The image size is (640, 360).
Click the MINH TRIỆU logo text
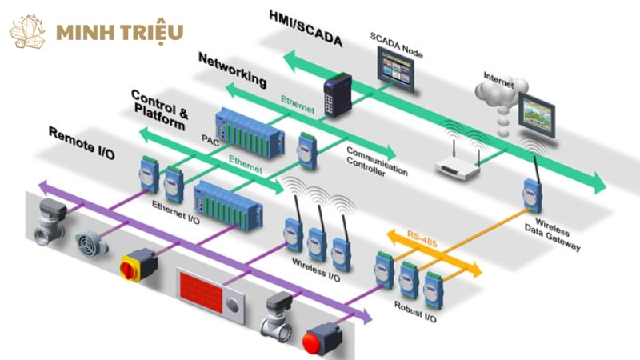tap(119, 33)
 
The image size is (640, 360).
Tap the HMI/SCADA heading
tap(306, 29)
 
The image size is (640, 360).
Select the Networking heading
tap(233, 70)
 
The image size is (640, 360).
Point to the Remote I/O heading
tap(82, 142)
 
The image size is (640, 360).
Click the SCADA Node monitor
tap(395, 69)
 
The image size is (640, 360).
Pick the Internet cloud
tap(501, 98)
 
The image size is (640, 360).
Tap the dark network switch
tap(338, 94)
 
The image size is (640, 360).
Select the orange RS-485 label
tap(422, 238)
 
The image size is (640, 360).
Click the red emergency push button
tap(322, 338)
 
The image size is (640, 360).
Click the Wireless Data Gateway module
tap(532, 195)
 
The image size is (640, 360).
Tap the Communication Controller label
tap(376, 162)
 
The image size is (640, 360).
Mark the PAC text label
tap(210, 141)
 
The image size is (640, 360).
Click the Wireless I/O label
tap(315, 270)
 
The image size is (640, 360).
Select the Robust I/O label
tap(415, 312)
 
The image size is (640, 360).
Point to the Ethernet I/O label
tap(175, 212)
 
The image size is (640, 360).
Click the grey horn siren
tap(90, 244)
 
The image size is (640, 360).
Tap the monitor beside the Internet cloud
tap(537, 114)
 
